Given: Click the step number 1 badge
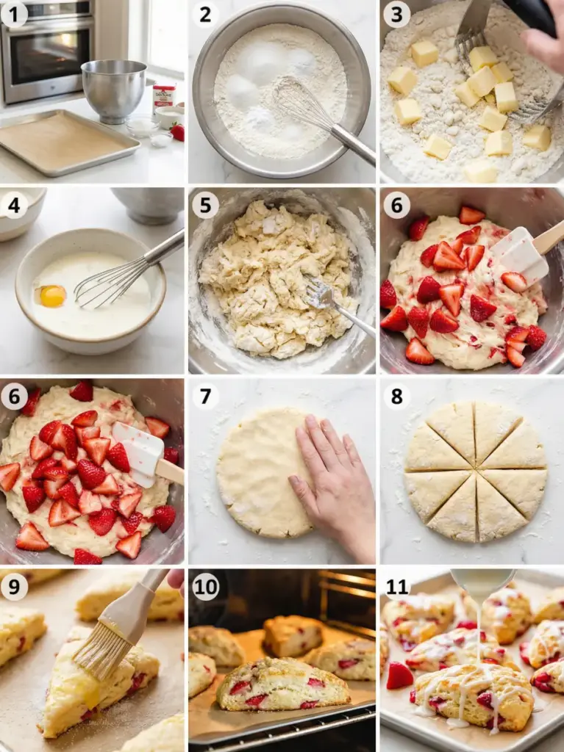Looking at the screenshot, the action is (x=14, y=15).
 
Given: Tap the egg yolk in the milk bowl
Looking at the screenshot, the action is (x=52, y=296).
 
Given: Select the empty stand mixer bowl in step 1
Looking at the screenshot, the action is (x=114, y=90).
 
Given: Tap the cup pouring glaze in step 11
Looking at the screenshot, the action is (x=482, y=583).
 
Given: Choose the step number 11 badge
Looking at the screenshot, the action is (x=397, y=587).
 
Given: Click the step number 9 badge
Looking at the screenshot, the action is (x=14, y=587).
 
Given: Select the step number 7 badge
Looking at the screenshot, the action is (x=205, y=396).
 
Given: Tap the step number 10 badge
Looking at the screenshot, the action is (x=206, y=587).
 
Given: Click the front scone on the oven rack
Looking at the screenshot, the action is (x=282, y=684).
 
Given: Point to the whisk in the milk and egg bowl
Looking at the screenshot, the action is (x=128, y=271).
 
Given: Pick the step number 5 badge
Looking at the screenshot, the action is (x=205, y=205).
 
